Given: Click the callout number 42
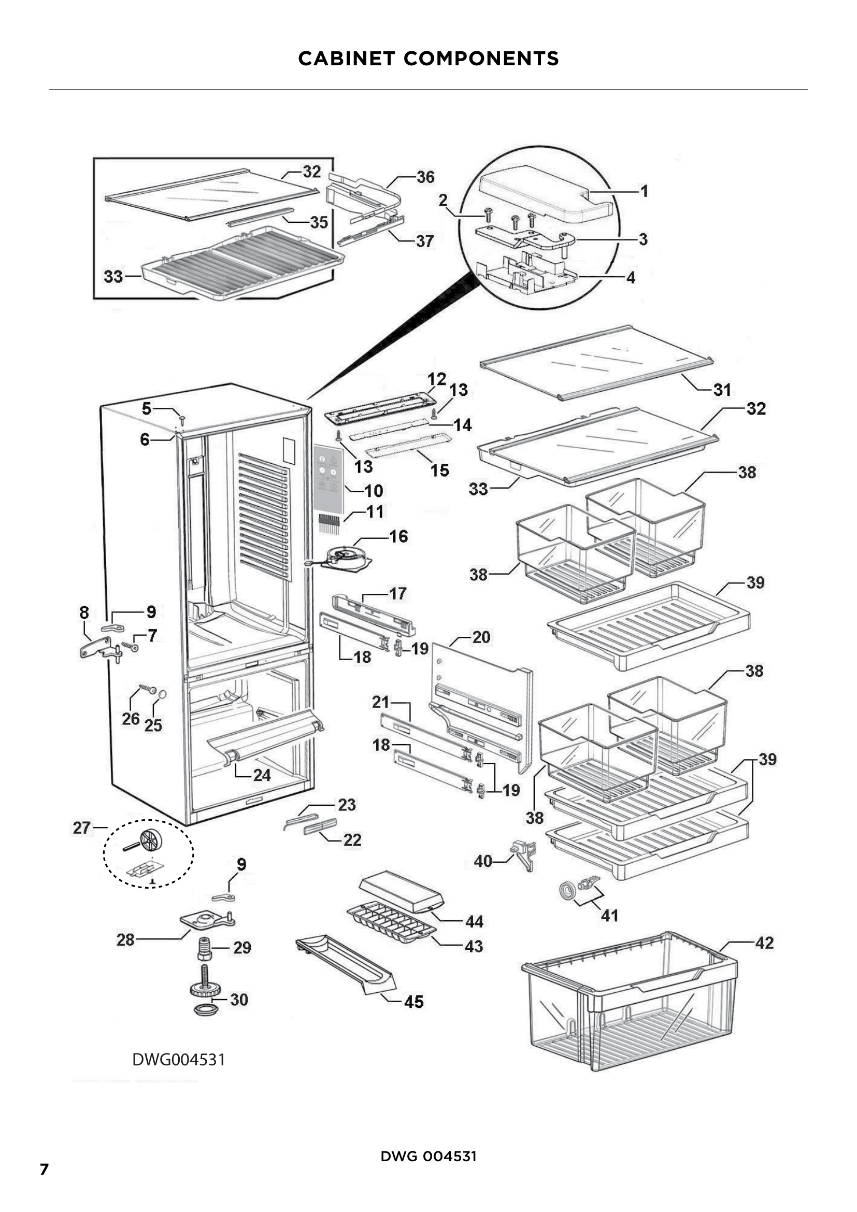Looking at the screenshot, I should click(764, 943).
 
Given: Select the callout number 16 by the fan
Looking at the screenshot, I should click(398, 536).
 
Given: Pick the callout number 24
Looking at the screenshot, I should click(262, 776).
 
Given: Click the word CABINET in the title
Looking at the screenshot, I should click(346, 58).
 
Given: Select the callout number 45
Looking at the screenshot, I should click(413, 1002).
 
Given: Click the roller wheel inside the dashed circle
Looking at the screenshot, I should click(149, 839).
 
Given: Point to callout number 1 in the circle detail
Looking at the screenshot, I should click(644, 191).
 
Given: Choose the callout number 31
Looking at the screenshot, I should click(722, 390).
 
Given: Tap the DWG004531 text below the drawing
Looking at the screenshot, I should click(178, 1060).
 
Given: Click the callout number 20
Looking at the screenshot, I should click(481, 637).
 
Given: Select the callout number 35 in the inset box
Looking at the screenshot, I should click(319, 222).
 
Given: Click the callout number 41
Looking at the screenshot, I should click(609, 915).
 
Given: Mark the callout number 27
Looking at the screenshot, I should click(81, 828).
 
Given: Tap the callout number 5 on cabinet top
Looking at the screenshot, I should click(146, 408).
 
